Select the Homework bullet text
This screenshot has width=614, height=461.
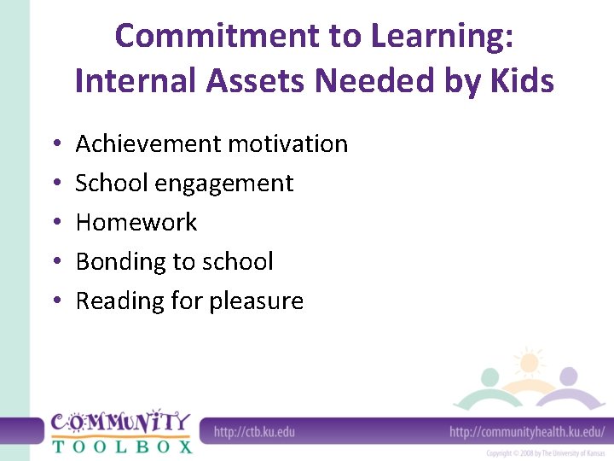[136, 222]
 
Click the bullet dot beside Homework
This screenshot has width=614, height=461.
[54, 223]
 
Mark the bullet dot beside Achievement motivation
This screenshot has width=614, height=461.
[54, 144]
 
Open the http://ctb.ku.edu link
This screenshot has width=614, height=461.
[254, 431]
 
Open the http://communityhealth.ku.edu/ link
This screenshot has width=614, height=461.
[527, 431]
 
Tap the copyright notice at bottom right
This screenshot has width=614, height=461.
[545, 452]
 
